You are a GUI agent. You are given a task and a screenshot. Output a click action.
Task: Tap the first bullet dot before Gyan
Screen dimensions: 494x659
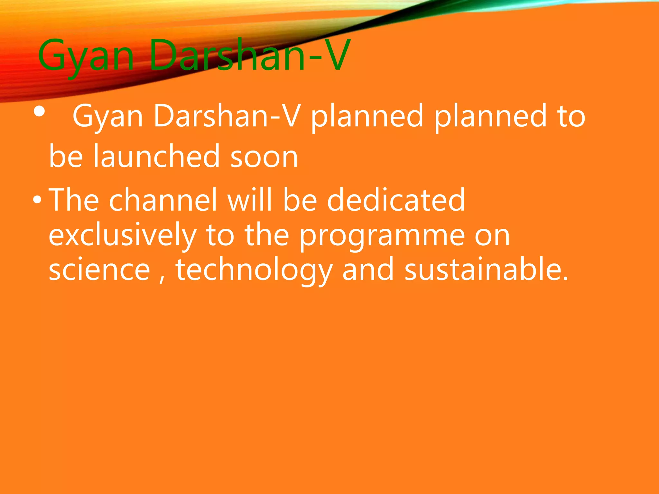coord(40,112)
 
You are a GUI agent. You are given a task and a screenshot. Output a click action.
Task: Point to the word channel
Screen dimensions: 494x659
coord(163,200)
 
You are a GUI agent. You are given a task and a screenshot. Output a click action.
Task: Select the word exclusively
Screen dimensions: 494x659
coord(122,236)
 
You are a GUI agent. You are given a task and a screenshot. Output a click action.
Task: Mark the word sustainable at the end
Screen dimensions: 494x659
coord(486,270)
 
